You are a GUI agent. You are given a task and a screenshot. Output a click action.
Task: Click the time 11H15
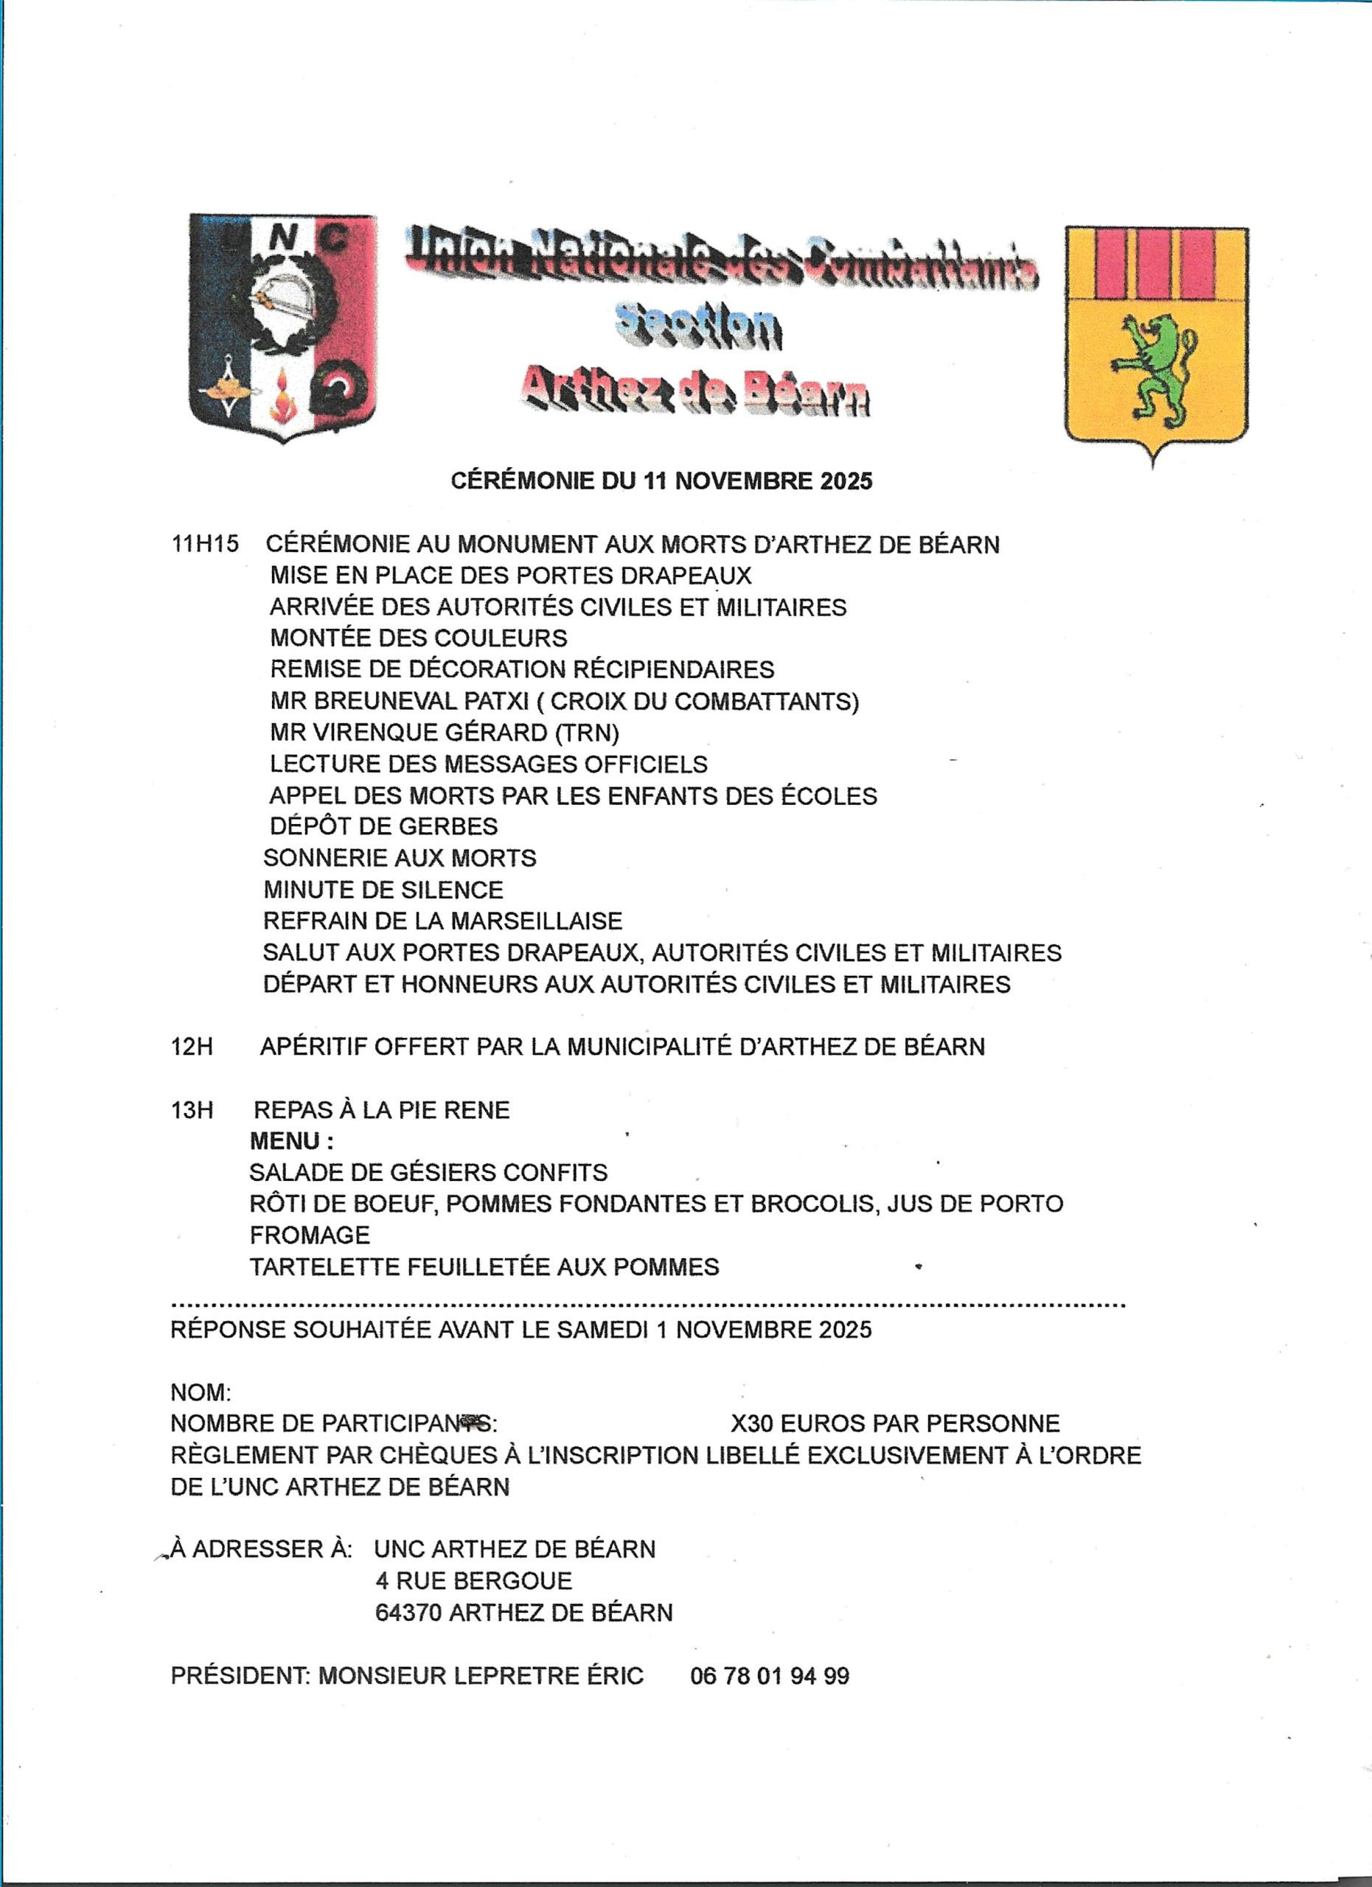pyautogui.click(x=205, y=544)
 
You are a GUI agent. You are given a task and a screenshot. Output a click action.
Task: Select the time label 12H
pyautogui.click(x=192, y=1047)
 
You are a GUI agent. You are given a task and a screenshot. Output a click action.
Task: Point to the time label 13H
pyautogui.click(x=192, y=1110)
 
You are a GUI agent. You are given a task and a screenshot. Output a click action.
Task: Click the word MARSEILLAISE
pyautogui.click(x=536, y=921)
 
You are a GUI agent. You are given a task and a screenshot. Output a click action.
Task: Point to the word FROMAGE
pyautogui.click(x=310, y=1235)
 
